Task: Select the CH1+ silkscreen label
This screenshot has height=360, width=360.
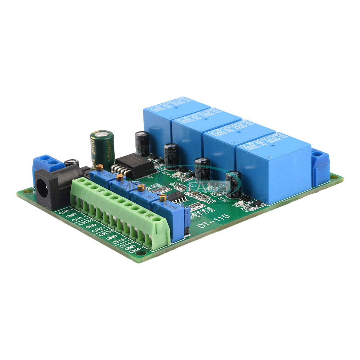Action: pyautogui.click(x=66, y=212)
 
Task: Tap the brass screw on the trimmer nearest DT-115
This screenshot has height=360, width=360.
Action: pyautogui.click(x=163, y=197)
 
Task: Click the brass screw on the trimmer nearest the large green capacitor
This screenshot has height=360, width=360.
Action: pyautogui.click(x=100, y=167)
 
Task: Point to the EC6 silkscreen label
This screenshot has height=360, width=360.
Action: pyautogui.click(x=222, y=199)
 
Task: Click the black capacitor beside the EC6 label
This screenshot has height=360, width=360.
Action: pyautogui.click(x=233, y=184)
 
